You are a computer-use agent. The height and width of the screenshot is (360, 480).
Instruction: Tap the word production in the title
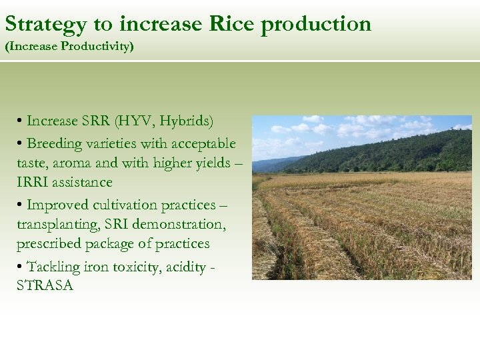316,25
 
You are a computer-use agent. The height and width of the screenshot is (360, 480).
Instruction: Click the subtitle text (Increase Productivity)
69,47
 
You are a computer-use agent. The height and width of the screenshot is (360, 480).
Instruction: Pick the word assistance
82,182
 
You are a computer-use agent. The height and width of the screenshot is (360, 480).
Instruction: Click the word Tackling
54,267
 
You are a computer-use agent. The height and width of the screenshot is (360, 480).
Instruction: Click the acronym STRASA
45,286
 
